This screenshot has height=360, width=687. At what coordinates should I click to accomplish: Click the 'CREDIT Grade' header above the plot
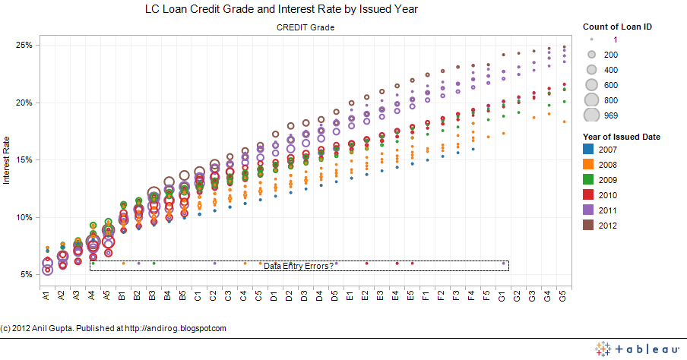pyautogui.click(x=305, y=27)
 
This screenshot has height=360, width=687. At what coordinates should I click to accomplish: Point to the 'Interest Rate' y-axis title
pyautogui.click(x=7, y=159)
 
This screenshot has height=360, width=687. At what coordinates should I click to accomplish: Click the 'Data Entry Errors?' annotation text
pyautogui.click(x=299, y=266)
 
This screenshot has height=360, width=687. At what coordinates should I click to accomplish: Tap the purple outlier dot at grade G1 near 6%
pyautogui.click(x=503, y=263)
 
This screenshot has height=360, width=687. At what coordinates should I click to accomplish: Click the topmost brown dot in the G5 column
pyautogui.click(x=563, y=47)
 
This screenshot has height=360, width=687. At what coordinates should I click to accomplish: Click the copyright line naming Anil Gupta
pyautogui.click(x=113, y=328)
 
